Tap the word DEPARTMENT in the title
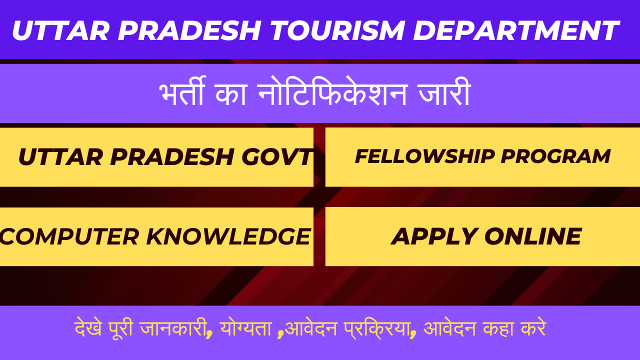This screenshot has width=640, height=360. pos(516,30)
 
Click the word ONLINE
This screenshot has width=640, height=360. pos(533,236)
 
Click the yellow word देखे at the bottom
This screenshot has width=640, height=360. pos(88,329)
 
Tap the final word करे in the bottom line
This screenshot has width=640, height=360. pos(532,329)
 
